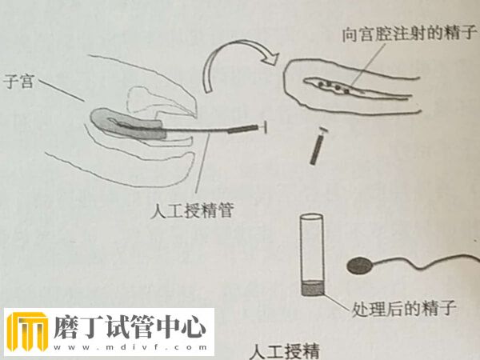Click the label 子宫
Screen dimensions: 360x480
point(18,81)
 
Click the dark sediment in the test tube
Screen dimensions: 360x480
point(310,287)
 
